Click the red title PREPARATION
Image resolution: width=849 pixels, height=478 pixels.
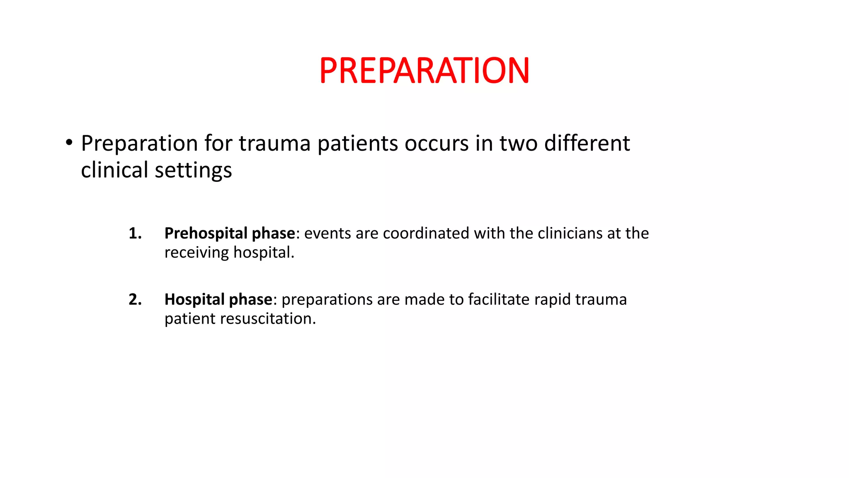click(x=424, y=71)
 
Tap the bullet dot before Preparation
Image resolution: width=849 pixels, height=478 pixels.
click(x=69, y=143)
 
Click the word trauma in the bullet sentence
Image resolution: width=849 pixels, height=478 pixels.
click(x=274, y=144)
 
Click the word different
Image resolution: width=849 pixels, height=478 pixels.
click(x=587, y=144)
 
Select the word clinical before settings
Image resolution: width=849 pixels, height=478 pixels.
click(x=114, y=170)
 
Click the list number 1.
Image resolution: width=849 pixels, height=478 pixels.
click(x=135, y=233)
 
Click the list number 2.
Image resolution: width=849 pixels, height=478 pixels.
click(x=135, y=299)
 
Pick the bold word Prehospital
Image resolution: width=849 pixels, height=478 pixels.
click(x=206, y=234)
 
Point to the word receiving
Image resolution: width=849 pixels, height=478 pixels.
click(x=196, y=253)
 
